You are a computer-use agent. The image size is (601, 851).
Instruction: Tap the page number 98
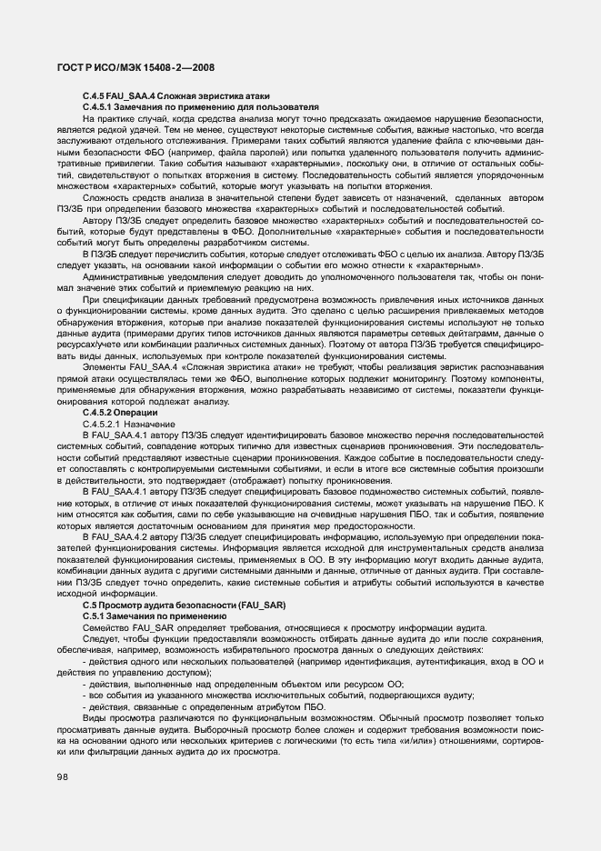click(x=64, y=776)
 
